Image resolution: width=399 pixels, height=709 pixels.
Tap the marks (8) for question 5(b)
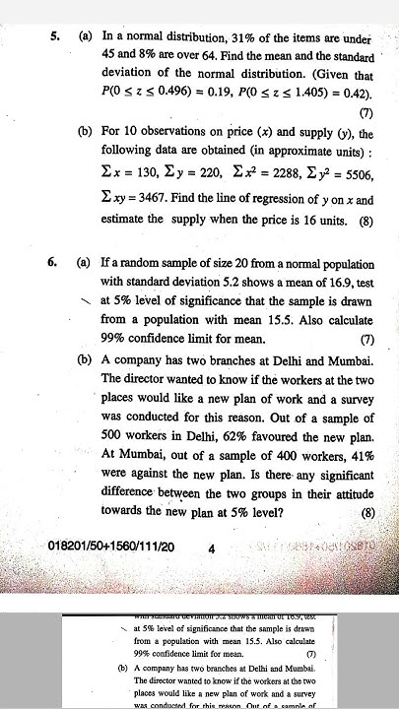(x=366, y=222)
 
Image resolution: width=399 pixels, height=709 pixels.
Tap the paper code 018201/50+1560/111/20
(x=110, y=546)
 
